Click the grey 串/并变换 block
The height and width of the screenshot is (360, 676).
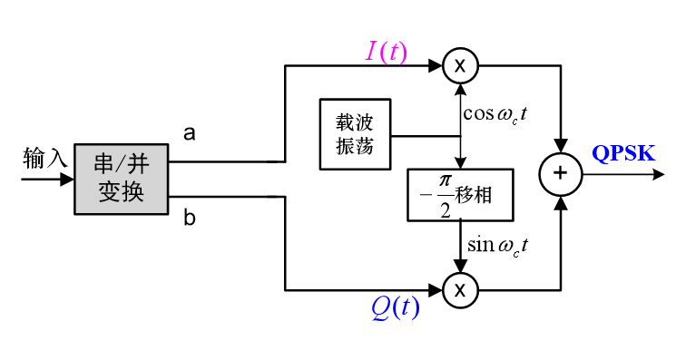122,179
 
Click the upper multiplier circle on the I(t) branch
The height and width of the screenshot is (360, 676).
461,65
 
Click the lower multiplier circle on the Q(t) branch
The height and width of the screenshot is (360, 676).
461,290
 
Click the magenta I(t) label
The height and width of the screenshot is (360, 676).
386,52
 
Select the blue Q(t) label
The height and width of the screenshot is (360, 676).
396,308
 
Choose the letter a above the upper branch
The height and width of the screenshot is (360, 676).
190,134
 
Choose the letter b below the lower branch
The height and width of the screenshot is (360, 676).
190,219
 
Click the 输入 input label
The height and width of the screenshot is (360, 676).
45,159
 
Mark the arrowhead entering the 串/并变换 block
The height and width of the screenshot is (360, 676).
67,180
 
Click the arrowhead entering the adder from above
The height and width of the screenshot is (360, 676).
561,147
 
